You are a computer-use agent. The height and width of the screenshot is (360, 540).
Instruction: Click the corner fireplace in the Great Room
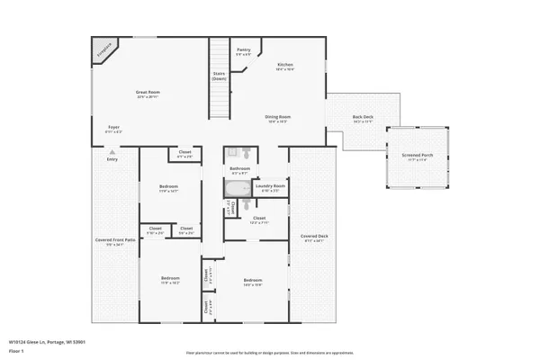[103, 49]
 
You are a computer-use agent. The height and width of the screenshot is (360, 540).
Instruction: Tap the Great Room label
[148, 93]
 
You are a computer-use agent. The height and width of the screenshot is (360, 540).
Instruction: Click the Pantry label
[243, 50]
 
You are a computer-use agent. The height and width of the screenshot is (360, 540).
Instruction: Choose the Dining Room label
[277, 117]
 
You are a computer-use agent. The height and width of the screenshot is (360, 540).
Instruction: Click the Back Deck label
[363, 118]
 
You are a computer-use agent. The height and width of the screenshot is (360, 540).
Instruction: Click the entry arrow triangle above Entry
[112, 152]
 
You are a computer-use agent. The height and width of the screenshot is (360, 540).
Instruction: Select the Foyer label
[114, 128]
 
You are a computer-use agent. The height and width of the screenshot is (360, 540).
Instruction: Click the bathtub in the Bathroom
[238, 189]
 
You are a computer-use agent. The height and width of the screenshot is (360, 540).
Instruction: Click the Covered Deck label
[315, 237]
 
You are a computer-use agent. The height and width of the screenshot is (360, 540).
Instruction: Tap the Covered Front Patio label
[116, 240]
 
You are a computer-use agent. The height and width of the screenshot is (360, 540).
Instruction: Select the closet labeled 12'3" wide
[258, 219]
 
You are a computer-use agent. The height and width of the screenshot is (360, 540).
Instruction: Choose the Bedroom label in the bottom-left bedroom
[170, 279]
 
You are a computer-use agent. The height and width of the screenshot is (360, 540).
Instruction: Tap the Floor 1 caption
[16, 350]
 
